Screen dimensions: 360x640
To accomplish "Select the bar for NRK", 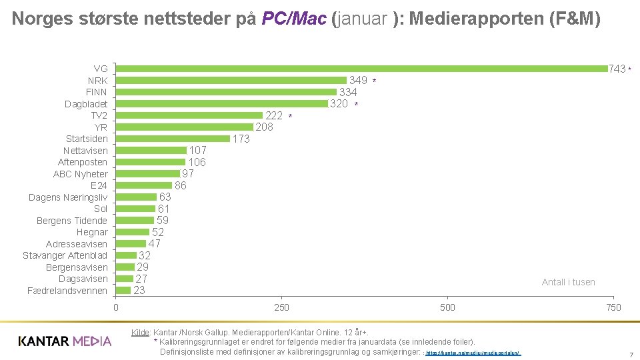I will click(231, 81).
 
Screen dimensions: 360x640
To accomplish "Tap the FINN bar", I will click(227, 92).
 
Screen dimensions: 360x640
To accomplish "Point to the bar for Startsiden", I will click(173, 139).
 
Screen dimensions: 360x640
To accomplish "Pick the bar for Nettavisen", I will click(151, 151).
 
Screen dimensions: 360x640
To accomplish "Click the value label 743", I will click(617, 69).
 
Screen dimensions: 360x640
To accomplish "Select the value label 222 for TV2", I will click(274, 115).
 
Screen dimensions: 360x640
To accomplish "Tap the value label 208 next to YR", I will click(265, 127).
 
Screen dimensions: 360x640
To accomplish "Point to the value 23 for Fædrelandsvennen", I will click(139, 291).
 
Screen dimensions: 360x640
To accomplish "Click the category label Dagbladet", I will click(86, 104).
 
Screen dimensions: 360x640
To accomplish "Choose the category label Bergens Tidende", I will click(72, 221).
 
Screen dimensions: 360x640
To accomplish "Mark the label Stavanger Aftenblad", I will click(65, 255).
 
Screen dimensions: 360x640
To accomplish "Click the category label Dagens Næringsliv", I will click(68, 197).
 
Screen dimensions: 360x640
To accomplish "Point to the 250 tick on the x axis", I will click(282, 307).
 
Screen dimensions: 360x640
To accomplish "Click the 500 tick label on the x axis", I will click(448, 307).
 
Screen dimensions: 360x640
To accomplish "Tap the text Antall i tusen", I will click(568, 282).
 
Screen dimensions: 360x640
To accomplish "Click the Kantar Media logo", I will click(65, 341).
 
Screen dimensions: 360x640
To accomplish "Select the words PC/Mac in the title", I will click(294, 19).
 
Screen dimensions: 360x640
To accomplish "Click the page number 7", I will click(631, 355).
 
